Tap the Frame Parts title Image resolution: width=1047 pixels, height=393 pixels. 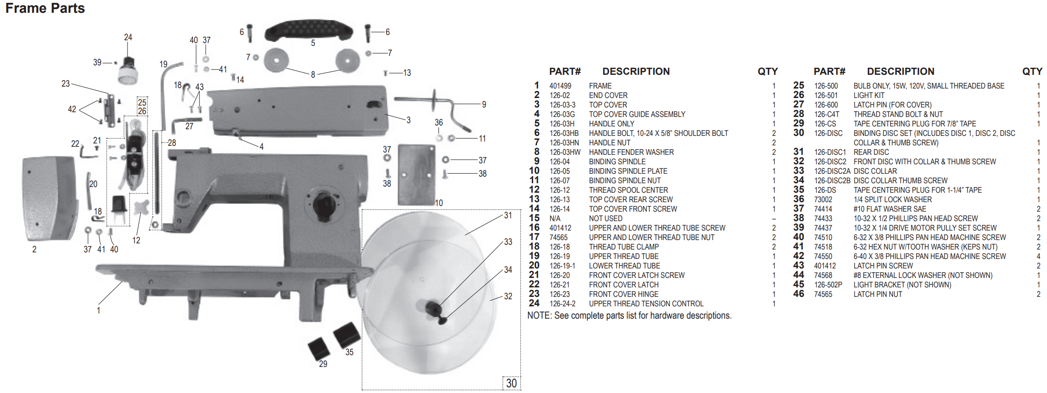(45, 8)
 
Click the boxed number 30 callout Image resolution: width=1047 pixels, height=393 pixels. (511, 383)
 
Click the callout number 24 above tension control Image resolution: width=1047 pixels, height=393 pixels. (128, 37)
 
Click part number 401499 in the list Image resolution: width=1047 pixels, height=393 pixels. (560, 86)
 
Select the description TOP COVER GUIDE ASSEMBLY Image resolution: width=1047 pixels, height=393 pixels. (637, 114)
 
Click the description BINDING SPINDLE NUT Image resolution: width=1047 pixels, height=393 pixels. (625, 180)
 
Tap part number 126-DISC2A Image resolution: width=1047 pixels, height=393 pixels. (832, 171)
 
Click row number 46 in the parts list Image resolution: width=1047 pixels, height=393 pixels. (799, 294)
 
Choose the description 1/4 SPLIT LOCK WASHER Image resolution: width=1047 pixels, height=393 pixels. (892, 199)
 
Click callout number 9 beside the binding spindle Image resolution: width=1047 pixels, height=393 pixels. (484, 104)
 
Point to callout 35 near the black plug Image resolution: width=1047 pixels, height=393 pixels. (349, 352)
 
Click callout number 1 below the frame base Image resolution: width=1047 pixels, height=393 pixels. (99, 310)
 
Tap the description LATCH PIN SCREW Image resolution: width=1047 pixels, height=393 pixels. (883, 266)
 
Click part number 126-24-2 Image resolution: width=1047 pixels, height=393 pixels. (563, 304)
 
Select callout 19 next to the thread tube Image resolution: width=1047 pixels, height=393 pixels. (164, 64)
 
